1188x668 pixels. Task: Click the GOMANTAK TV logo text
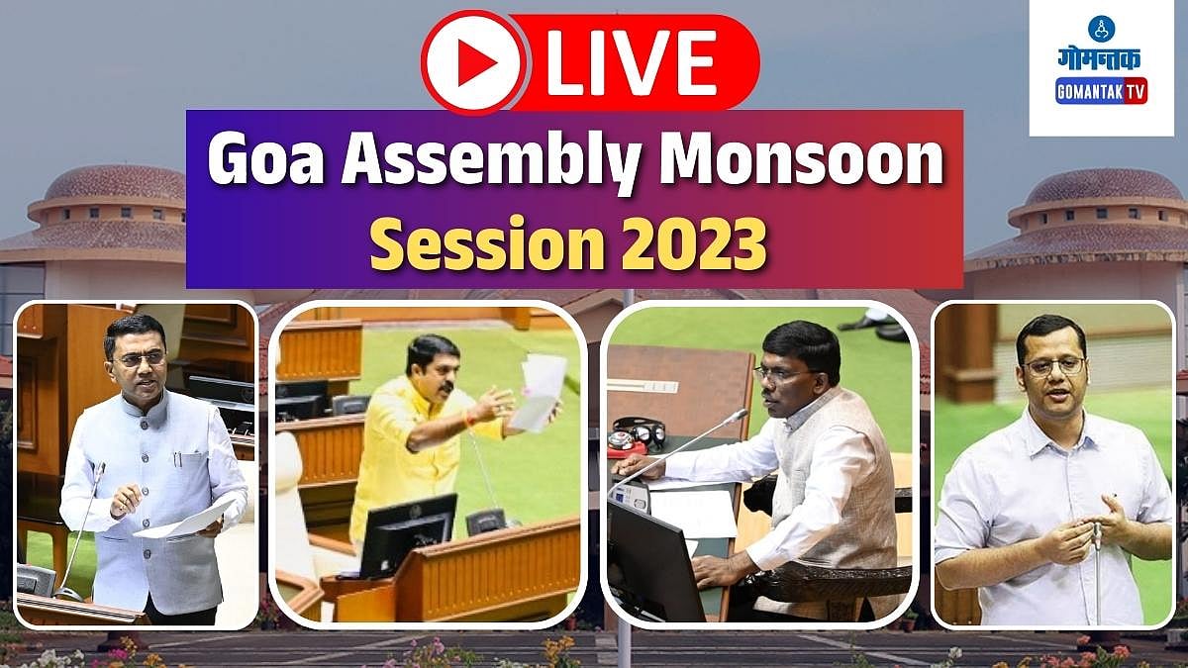click(x=1101, y=92)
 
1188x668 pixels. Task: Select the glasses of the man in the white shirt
click(x=1052, y=366)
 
